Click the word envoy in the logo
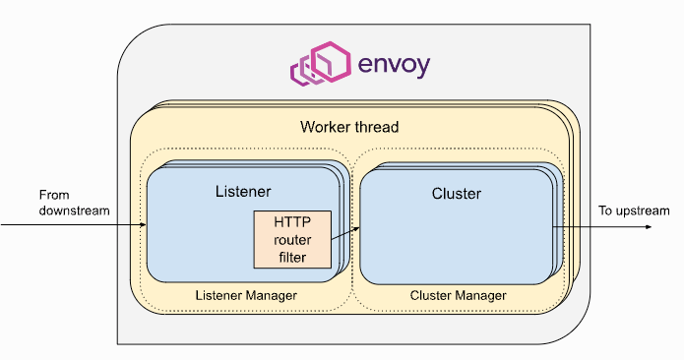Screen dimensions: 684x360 (x=394, y=66)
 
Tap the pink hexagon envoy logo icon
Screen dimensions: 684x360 (x=321, y=64)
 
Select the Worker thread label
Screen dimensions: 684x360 (x=349, y=127)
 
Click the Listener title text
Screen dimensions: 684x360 (x=243, y=192)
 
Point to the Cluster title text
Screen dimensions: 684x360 (x=457, y=194)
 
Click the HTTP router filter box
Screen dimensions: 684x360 (x=292, y=239)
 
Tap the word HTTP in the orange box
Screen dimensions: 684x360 (x=292, y=222)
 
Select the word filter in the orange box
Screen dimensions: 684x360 (x=292, y=257)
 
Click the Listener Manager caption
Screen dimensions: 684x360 (x=246, y=295)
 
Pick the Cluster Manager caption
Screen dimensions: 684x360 (x=458, y=295)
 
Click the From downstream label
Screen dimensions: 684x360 (x=74, y=203)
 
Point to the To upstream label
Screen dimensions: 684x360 (x=634, y=210)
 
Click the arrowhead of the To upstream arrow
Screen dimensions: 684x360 (x=649, y=227)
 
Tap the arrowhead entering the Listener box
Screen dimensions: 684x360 (x=144, y=225)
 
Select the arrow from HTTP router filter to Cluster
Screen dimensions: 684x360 (x=345, y=233)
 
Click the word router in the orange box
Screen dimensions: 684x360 (x=292, y=240)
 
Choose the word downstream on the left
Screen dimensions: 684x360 (x=74, y=210)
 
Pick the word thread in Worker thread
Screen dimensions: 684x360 (x=377, y=127)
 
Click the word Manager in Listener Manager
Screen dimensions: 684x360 (x=272, y=295)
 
